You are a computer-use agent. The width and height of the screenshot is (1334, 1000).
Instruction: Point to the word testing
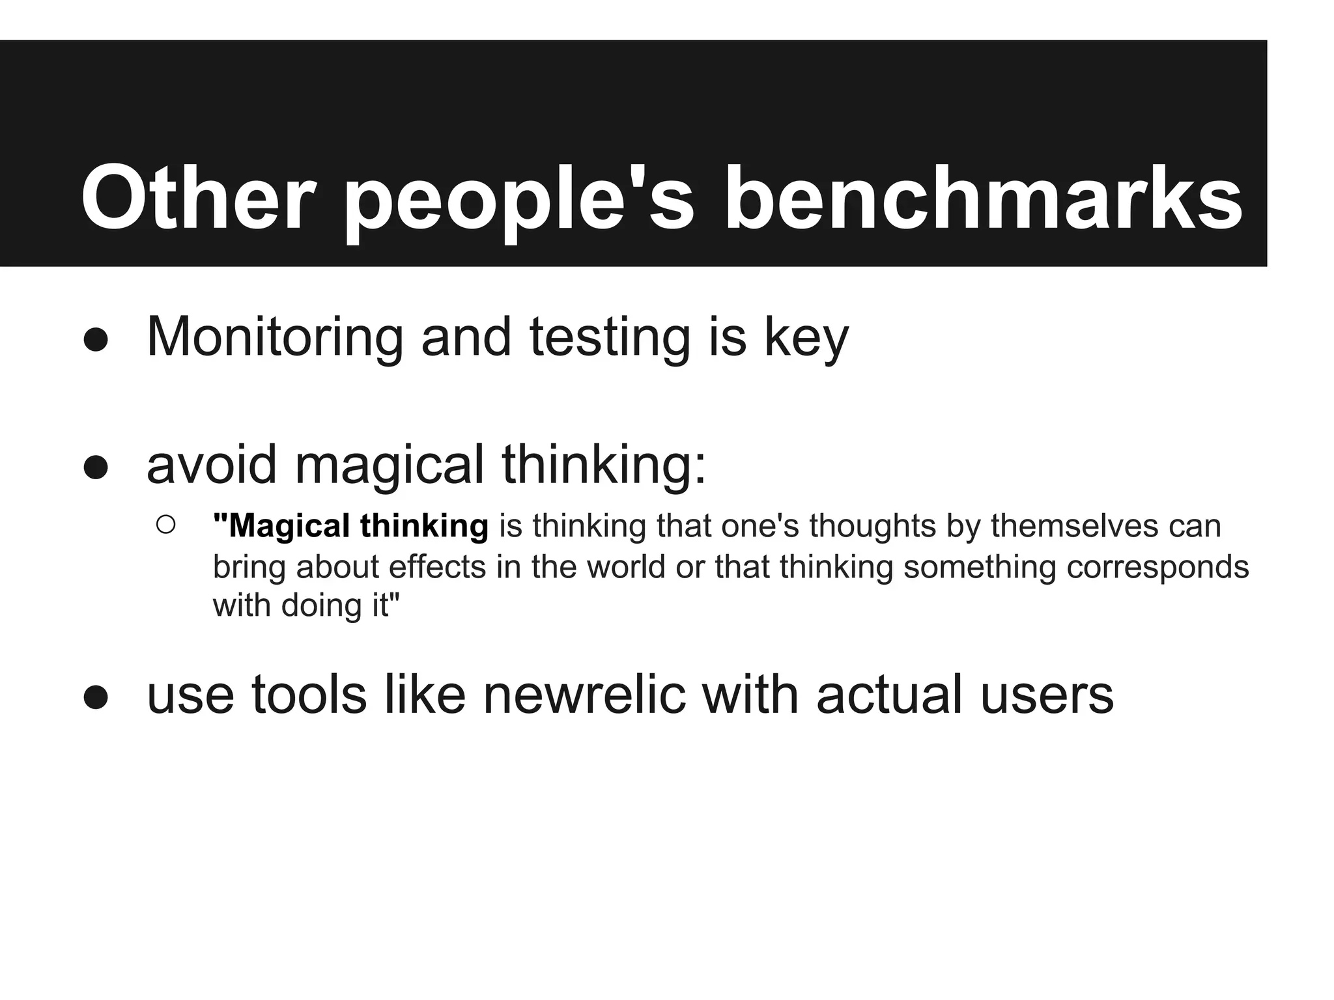tap(610, 338)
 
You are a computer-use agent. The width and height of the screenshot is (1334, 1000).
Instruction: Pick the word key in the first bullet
tap(807, 338)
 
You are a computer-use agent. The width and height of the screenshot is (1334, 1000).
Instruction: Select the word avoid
tap(212, 465)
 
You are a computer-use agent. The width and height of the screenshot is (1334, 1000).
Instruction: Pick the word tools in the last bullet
tap(309, 695)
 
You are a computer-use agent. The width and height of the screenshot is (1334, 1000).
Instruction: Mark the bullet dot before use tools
tap(96, 697)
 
